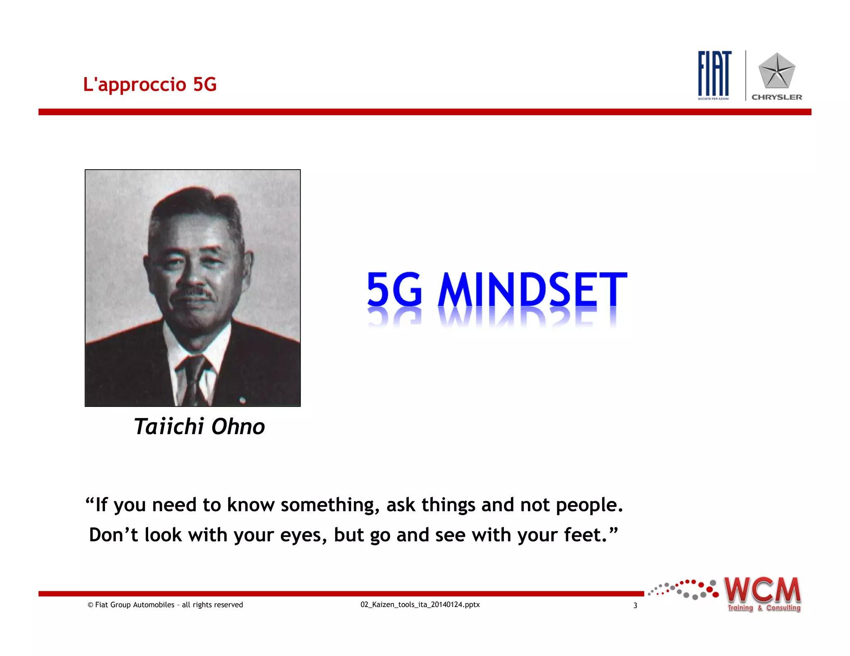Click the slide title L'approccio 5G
point(150,84)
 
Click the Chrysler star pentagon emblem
point(777,71)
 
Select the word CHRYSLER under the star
point(777,97)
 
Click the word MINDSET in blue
point(532,290)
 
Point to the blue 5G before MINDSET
point(394,290)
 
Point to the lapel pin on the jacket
point(242,400)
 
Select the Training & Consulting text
point(764,608)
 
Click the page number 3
point(635,605)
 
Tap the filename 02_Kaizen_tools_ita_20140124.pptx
point(420,605)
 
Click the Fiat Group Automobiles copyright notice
point(165,605)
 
